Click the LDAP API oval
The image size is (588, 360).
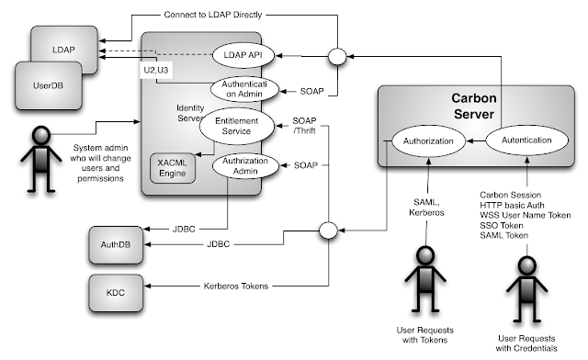pos(243,55)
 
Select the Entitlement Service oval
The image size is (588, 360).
pos(237,126)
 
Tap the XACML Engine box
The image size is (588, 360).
pos(173,168)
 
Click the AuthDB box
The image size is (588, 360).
pos(116,245)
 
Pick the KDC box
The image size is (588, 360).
pos(116,293)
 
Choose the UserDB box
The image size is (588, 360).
pos(49,86)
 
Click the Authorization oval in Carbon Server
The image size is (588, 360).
pos(428,141)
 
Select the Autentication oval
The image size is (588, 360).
pos(526,141)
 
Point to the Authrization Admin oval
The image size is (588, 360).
pos(245,165)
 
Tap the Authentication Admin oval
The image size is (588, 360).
pos(244,89)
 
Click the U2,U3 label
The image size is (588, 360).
pos(156,70)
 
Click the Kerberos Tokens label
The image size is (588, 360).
pos(236,287)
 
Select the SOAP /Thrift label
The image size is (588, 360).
pos(304,126)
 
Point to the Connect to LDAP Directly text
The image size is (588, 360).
pos(213,15)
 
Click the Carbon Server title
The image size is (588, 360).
pos(474,106)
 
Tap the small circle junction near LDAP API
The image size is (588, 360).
pos(337,57)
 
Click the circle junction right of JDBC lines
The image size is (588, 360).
pos(329,231)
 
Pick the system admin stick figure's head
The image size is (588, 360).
pos(41,135)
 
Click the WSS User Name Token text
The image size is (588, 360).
pos(526,215)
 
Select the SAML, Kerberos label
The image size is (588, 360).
pos(426,208)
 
